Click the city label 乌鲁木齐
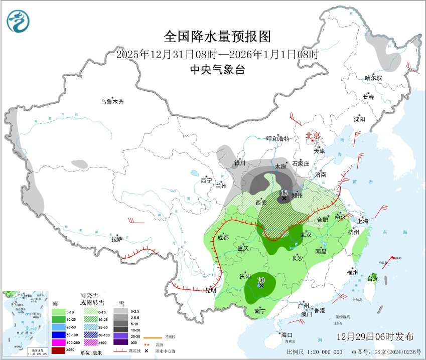[x=111, y=102]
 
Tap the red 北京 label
[x=313, y=135]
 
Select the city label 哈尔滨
[x=373, y=78]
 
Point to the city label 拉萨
[x=117, y=239]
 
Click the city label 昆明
[x=211, y=290]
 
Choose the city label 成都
[x=222, y=237]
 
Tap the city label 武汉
[x=306, y=235]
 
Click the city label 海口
[x=286, y=334]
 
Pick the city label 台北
[x=372, y=278]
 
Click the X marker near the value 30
[x=261, y=285]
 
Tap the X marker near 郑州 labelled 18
[x=284, y=198]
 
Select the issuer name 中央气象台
[x=217, y=70]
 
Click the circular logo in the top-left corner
[x=19, y=21]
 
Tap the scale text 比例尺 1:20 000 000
[x=315, y=352]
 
